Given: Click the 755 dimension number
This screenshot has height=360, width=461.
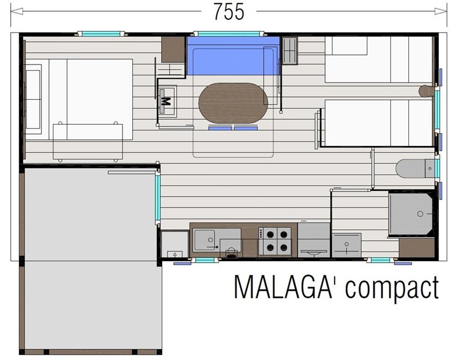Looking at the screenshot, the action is pos(229,12).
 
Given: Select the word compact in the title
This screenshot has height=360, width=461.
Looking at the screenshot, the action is pos(392,289).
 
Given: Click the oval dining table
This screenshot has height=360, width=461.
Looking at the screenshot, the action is pos(233,103).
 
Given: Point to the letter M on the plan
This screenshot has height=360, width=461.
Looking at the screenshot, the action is pos(166,101).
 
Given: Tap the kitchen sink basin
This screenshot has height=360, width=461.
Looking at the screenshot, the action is pos(205,240).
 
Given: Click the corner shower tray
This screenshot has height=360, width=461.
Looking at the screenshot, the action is pos(411,214).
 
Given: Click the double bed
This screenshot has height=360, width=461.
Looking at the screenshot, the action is pos(79,99).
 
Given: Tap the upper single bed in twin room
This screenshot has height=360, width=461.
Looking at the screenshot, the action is pos(379,59).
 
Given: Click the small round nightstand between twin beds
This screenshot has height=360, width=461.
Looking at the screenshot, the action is pos(426,90).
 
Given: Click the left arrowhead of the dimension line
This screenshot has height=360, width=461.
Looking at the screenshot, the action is pos(17,11).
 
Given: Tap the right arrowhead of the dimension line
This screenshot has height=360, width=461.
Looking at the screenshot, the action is pos(440,11).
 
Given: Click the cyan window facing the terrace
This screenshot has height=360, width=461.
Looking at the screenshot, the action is pos(158,198).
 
